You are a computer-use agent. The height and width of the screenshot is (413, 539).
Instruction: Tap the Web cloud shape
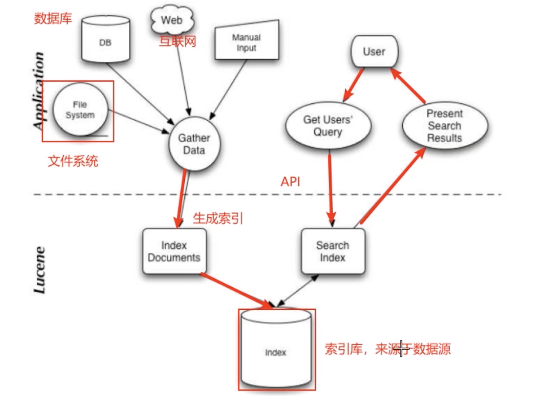(172, 20)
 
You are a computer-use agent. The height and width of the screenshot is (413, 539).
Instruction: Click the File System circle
(80, 110)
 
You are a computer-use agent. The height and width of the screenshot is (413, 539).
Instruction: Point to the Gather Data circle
(194, 144)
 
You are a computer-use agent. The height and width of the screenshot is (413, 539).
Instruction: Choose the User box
(374, 52)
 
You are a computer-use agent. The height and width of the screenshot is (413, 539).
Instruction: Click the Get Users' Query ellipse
(328, 126)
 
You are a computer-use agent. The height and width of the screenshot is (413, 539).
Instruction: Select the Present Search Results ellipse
(444, 126)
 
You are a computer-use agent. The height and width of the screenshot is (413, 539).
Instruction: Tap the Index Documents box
(174, 251)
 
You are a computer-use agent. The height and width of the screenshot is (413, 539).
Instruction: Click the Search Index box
(332, 251)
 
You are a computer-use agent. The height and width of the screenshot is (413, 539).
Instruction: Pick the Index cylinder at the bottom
(275, 350)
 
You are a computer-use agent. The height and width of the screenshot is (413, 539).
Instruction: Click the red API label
(291, 182)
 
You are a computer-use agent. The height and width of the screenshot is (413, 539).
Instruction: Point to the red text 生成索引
(218, 219)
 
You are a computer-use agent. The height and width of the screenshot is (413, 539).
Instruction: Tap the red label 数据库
(53, 19)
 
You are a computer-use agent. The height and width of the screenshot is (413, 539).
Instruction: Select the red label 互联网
(178, 41)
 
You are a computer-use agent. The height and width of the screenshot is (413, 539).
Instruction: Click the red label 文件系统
(73, 161)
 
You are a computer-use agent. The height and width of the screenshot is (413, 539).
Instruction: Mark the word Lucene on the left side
(39, 269)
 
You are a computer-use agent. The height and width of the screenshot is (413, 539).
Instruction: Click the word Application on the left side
(39, 90)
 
